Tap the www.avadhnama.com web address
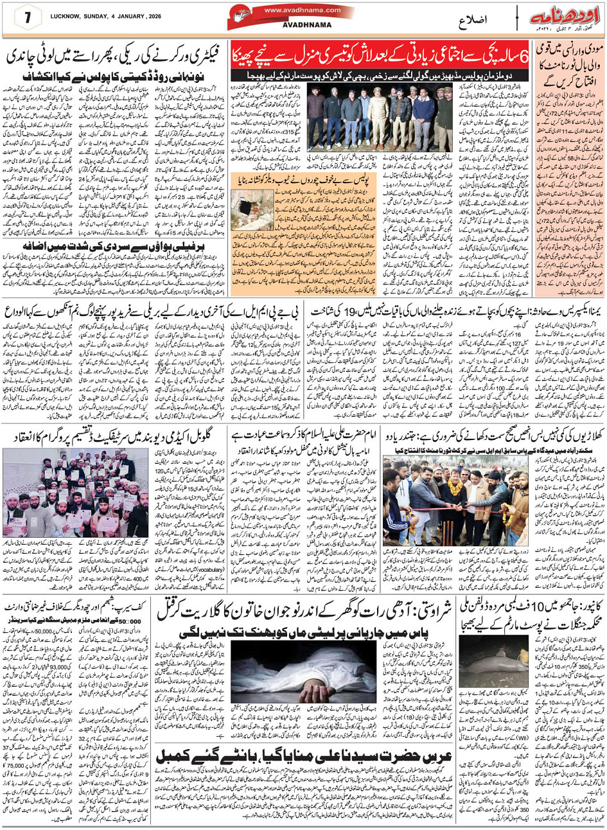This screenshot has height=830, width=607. [x=298, y=10]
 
